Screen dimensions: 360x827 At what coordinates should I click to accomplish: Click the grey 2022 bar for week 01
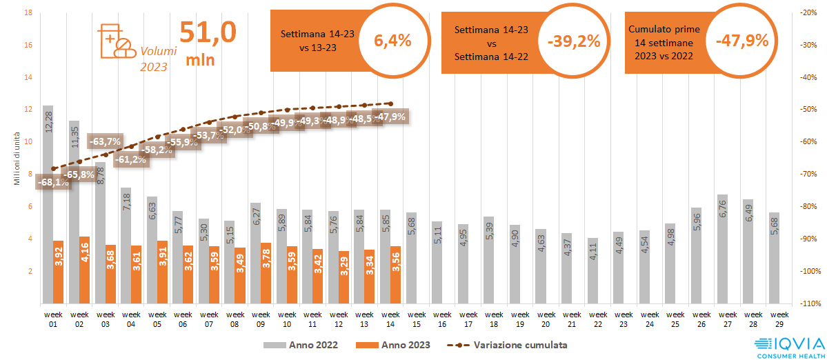pos(48,207)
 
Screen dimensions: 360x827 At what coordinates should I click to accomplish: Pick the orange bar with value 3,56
pos(395,275)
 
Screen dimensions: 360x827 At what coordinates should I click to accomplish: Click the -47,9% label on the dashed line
pos(390,116)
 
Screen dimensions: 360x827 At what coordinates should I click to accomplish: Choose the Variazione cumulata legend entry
pos(510,344)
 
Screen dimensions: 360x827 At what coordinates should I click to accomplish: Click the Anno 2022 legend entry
pos(299,344)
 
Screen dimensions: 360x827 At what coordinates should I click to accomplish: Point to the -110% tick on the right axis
pos(806,303)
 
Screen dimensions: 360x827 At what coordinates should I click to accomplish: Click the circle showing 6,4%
pos(392,41)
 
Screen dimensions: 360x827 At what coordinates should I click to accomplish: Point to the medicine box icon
pos(118,41)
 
